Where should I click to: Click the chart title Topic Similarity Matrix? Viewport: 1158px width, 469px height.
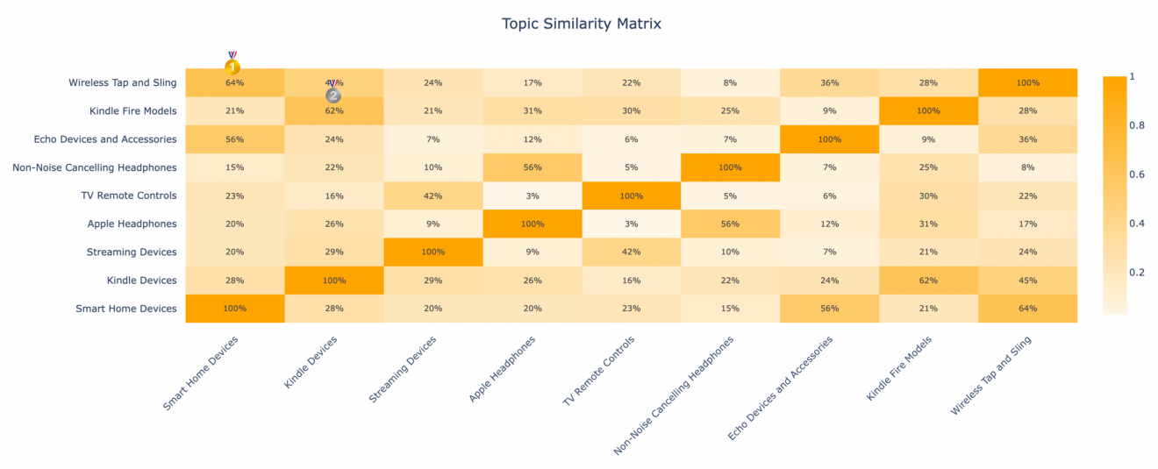pos(581,24)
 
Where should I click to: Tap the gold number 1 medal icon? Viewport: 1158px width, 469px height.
pos(232,66)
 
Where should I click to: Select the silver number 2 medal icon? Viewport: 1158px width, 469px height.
pos(333,95)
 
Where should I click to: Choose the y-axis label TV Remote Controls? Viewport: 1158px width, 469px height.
pos(132,195)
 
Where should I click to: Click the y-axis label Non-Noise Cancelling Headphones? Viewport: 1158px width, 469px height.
pos(95,167)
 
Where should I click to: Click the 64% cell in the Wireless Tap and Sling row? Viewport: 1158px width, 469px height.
pos(234,82)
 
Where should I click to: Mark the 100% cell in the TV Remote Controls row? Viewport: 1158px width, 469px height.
pos(631,195)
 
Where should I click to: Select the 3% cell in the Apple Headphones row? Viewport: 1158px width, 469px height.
pos(631,224)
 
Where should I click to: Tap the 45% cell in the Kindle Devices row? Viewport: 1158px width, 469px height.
pos(1027,281)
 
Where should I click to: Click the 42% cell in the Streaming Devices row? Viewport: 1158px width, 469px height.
pos(631,252)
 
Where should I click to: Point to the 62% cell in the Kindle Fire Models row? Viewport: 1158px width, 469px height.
pos(333,110)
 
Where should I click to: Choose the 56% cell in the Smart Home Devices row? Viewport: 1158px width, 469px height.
pos(829,309)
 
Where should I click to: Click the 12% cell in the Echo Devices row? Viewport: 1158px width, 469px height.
pos(532,139)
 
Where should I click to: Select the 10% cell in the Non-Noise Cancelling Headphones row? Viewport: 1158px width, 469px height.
pos(432,167)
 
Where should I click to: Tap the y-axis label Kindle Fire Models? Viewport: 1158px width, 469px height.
pos(132,110)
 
